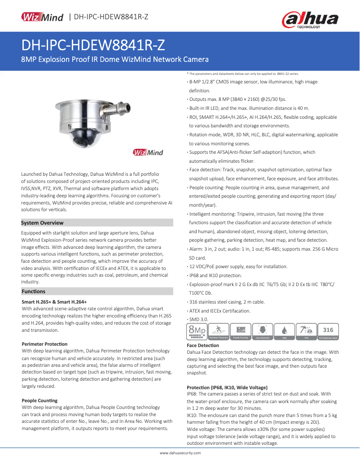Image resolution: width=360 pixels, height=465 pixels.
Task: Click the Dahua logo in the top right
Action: [310, 20]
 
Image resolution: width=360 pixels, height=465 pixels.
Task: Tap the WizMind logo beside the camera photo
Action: [148, 152]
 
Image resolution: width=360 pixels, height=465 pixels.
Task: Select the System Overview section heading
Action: [43, 223]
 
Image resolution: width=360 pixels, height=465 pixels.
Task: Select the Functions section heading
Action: [34, 291]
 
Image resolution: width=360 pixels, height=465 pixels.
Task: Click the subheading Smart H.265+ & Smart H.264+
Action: [54, 302]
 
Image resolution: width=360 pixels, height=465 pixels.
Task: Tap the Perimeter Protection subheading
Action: [44, 344]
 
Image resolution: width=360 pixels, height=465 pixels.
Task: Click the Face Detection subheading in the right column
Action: [203, 345]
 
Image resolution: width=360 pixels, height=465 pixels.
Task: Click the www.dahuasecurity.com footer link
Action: [180, 453]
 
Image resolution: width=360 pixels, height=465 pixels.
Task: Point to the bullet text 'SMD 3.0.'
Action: [199, 319]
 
